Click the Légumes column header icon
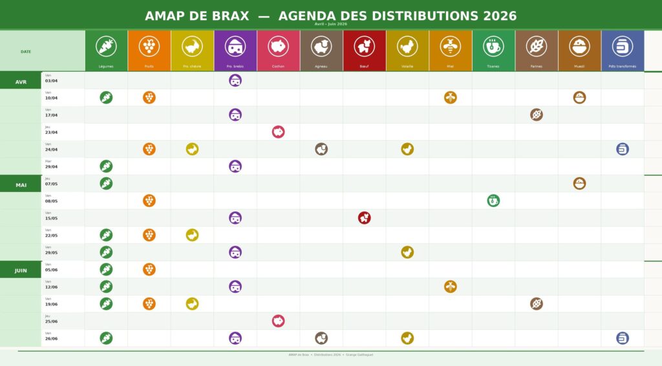click(x=106, y=46)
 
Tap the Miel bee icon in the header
click(x=451, y=46)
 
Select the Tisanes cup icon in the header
click(x=493, y=46)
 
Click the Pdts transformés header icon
click(x=623, y=46)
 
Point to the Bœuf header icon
click(x=365, y=46)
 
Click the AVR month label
click(x=21, y=82)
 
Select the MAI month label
click(x=21, y=185)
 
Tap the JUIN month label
click(x=21, y=270)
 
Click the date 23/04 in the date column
click(x=52, y=132)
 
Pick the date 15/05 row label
click(x=52, y=218)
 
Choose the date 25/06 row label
click(x=52, y=321)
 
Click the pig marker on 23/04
click(x=278, y=132)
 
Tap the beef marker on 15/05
click(x=365, y=218)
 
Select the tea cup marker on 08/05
click(x=493, y=200)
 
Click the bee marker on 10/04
click(x=451, y=98)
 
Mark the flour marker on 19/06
click(x=537, y=304)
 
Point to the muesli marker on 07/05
click(x=579, y=184)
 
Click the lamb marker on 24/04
click(x=321, y=149)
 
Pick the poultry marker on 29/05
click(x=407, y=252)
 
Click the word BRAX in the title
click(x=231, y=16)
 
